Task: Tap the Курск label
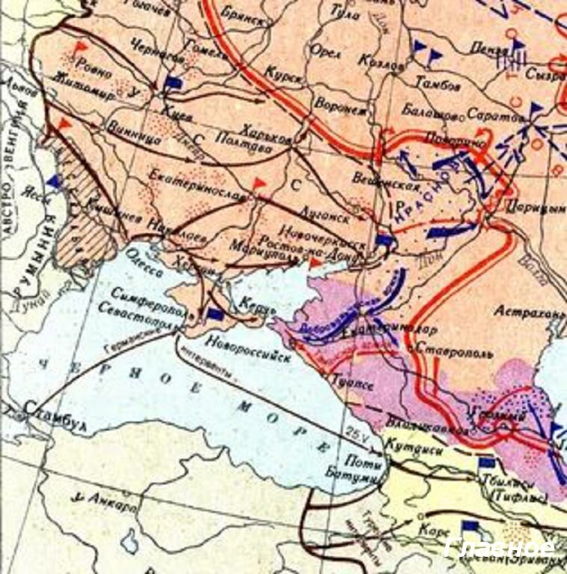[288, 78]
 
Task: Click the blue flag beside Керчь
[214, 315]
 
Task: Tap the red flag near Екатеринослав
[259, 184]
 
